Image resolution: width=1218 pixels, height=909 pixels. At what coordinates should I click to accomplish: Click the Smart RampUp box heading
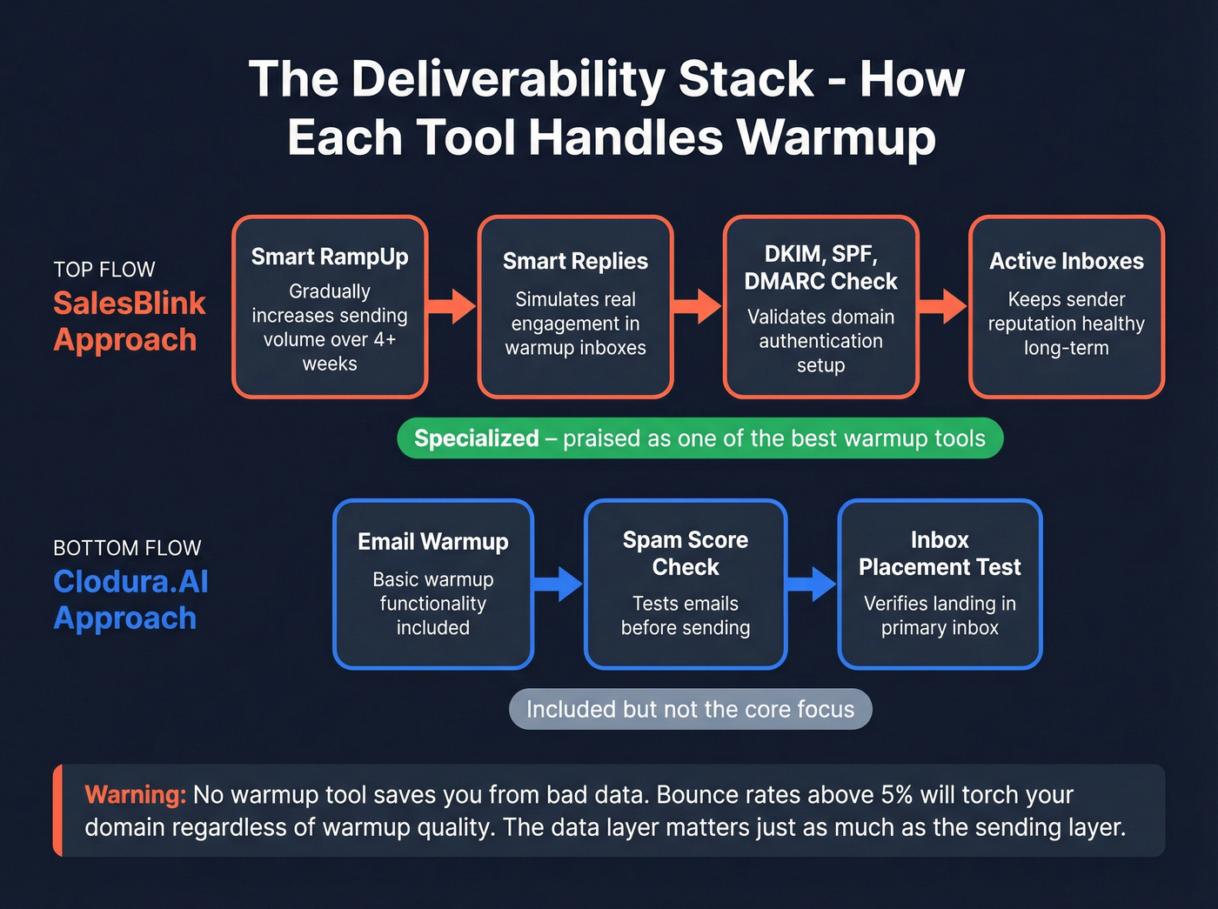(x=330, y=257)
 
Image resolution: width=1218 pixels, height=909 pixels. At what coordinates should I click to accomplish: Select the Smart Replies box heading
(x=575, y=261)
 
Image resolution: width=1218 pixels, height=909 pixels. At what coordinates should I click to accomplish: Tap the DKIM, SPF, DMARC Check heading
(x=820, y=267)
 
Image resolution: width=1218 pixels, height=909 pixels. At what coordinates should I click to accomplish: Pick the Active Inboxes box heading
(x=1066, y=261)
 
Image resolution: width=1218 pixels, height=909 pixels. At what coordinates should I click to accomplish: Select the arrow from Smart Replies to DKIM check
(x=698, y=306)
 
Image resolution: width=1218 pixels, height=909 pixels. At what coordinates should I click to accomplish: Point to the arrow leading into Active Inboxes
(x=943, y=306)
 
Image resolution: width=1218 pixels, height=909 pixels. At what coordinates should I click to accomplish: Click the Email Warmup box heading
(x=432, y=542)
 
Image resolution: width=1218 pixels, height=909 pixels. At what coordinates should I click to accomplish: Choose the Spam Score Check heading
(x=686, y=553)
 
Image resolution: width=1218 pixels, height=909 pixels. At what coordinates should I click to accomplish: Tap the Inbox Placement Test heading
(x=940, y=553)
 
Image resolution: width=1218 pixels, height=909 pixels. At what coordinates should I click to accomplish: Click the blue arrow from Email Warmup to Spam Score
(x=559, y=584)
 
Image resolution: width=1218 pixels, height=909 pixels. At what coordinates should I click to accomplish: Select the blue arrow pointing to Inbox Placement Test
(x=812, y=584)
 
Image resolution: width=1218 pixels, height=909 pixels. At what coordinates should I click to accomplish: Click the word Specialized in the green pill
(x=477, y=438)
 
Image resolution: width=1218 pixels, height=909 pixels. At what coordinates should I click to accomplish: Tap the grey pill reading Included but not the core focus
(x=690, y=710)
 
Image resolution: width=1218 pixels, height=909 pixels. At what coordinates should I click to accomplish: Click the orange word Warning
(x=136, y=795)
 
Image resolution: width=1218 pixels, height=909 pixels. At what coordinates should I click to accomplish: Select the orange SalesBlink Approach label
(x=129, y=321)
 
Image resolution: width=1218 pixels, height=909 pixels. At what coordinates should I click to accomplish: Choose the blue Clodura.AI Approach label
(x=130, y=599)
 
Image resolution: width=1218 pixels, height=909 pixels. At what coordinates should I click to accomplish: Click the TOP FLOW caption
(x=104, y=270)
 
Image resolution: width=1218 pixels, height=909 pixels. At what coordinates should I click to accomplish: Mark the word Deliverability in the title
(x=508, y=79)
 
